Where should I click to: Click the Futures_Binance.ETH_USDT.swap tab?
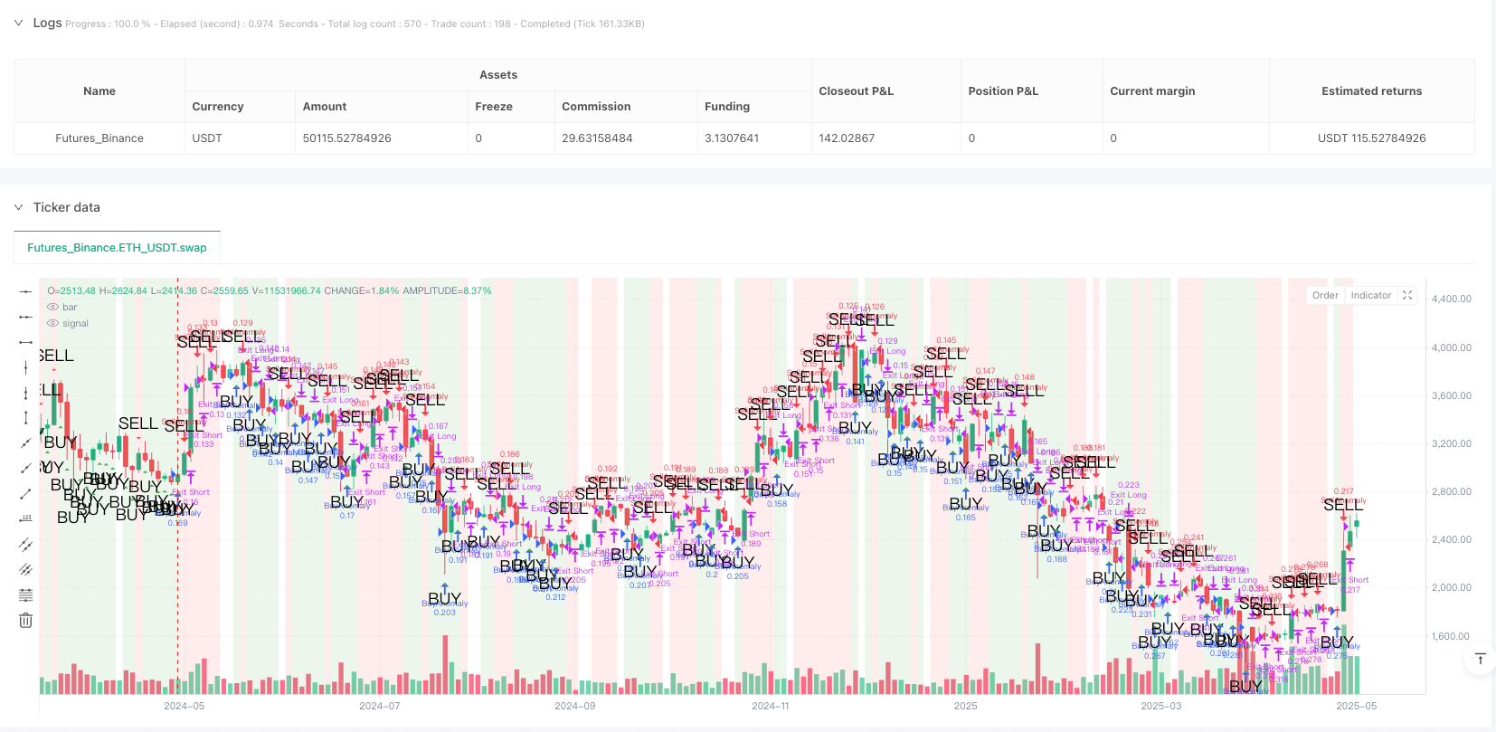tap(117, 248)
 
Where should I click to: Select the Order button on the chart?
tap(1325, 295)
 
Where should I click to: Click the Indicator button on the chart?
tap(1370, 295)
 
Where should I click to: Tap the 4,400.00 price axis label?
tap(1451, 299)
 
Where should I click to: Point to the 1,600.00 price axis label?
tap(1451, 636)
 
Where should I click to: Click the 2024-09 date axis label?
tap(574, 706)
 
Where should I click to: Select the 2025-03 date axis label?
tap(1160, 706)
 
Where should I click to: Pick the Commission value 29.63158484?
tap(597, 138)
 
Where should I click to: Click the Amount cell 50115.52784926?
tap(346, 138)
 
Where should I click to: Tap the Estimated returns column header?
tap(1371, 91)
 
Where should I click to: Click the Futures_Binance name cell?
tap(99, 138)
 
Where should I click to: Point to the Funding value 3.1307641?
tap(731, 138)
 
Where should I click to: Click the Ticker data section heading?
tap(66, 207)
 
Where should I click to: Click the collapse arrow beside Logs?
tap(18, 23)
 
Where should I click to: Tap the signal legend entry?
tap(75, 323)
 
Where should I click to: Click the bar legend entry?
tap(70, 307)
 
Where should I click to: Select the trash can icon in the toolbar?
tap(25, 620)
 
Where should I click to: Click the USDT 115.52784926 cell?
tap(1371, 138)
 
